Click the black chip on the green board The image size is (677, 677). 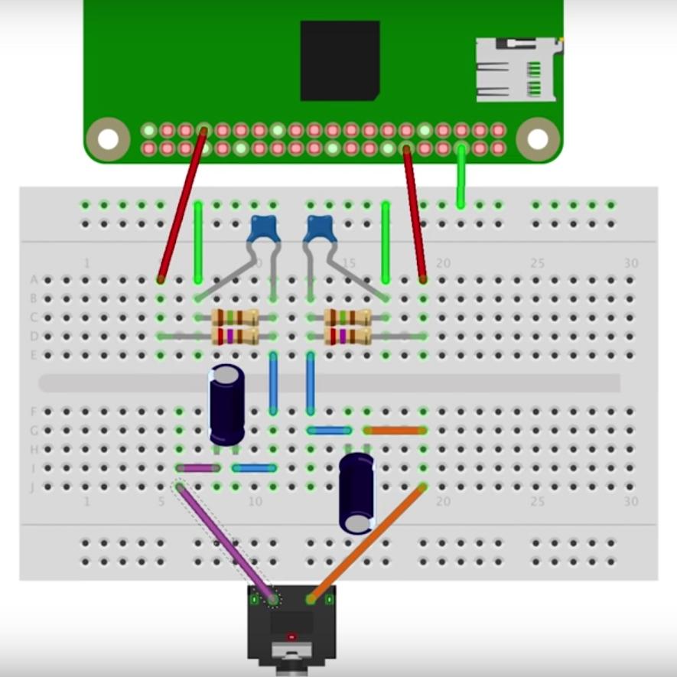click(x=340, y=60)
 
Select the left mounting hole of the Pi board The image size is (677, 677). click(x=108, y=138)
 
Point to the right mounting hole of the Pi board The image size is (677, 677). click(x=538, y=138)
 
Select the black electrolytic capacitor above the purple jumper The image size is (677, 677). click(x=227, y=404)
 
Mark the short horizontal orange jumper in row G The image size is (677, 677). click(x=395, y=431)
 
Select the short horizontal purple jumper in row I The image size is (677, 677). click(x=198, y=468)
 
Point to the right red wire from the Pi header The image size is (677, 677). click(x=415, y=214)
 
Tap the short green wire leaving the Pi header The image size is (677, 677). click(x=461, y=177)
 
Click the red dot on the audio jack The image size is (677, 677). click(x=291, y=636)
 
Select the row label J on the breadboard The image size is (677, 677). click(x=33, y=487)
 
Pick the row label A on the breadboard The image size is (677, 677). click(x=33, y=280)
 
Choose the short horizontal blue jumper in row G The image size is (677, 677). click(x=329, y=431)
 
